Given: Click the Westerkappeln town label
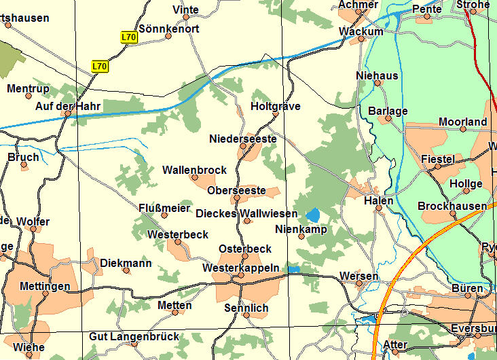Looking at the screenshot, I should click(241, 268).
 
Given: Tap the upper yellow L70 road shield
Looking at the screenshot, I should click(130, 38).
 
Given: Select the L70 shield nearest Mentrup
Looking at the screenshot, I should click(100, 66).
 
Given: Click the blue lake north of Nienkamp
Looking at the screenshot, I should click(312, 215).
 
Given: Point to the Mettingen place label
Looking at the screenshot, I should click(45, 286).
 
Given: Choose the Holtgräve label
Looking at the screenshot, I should click(275, 107).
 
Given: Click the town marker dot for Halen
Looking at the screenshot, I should click(379, 209).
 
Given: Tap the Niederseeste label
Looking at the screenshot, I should click(242, 139).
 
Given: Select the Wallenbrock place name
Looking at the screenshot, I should click(194, 170).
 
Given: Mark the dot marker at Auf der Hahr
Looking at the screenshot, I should click(68, 113).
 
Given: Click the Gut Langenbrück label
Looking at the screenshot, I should click(134, 336).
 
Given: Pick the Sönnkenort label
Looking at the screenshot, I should click(168, 29).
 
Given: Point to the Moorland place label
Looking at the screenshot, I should click(462, 122).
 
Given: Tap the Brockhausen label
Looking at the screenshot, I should click(452, 206).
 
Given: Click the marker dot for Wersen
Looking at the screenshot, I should click(359, 284).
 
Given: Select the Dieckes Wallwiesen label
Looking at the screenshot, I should click(246, 213).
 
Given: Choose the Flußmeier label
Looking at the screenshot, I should click(164, 208).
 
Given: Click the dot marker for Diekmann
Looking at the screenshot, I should click(126, 270).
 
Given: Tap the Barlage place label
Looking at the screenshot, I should click(388, 111).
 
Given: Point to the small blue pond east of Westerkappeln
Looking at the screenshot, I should click(293, 270).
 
